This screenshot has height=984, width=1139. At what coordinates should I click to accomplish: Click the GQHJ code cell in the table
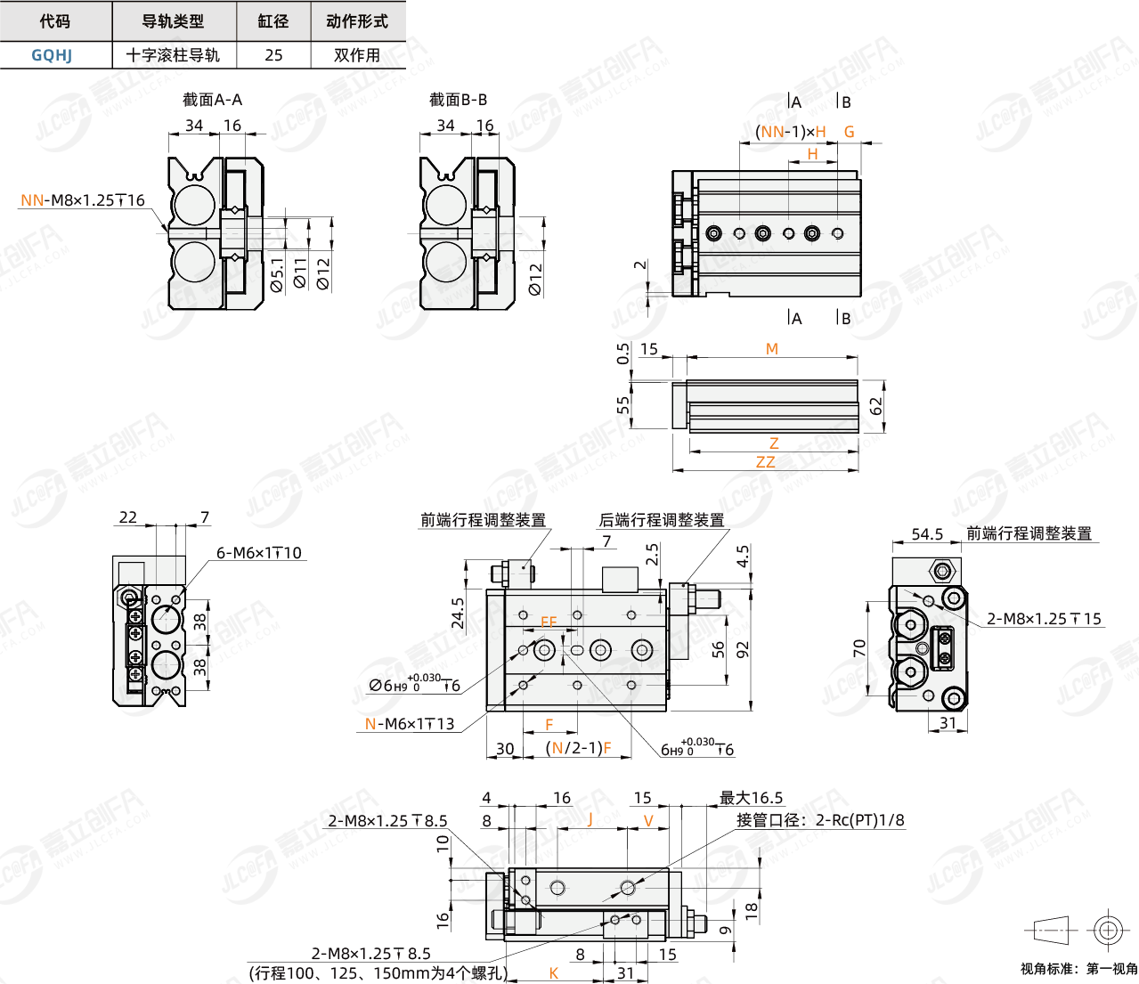coord(52,55)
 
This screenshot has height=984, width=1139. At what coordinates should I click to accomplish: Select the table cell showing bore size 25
coord(273,55)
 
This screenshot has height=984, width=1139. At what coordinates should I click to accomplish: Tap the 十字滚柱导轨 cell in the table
coord(173,55)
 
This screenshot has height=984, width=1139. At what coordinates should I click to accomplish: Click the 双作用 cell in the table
coord(357,55)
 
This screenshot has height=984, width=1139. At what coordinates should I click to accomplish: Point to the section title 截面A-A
coord(212,100)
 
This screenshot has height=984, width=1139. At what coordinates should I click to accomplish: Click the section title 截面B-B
coord(458,100)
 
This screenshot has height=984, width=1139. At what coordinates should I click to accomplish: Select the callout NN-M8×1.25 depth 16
coord(82,200)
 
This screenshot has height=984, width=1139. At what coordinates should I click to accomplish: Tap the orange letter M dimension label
coord(772,349)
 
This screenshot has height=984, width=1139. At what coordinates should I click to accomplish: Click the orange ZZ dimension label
coord(765,462)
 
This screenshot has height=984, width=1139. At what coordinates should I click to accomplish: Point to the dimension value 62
coord(876,406)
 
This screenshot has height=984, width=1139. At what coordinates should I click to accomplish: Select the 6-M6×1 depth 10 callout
coord(259,553)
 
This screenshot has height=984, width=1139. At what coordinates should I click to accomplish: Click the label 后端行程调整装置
coord(662,520)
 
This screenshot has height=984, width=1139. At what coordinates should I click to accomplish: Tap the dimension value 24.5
coord(458,614)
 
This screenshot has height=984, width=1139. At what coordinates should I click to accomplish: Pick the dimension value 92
coord(743,649)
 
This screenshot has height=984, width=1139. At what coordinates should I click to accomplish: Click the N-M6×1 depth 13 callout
coord(410,724)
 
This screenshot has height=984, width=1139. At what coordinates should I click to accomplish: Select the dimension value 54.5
coord(927,534)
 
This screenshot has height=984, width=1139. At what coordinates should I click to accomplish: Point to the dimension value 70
coord(859,648)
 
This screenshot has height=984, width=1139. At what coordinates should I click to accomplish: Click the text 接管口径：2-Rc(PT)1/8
coord(820,820)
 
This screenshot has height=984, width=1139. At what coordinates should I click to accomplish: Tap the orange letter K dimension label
coord(554,973)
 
